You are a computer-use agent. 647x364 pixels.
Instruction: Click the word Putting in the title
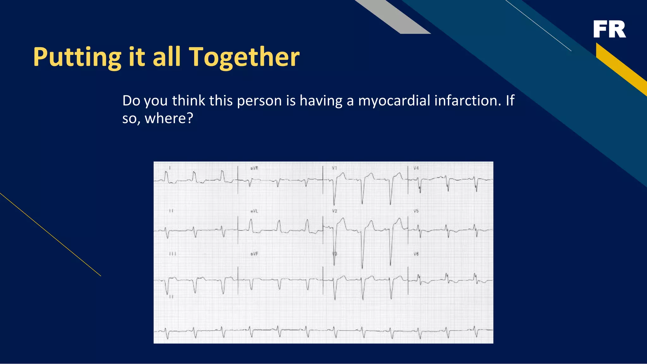77,57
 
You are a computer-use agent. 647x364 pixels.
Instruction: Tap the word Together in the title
244,57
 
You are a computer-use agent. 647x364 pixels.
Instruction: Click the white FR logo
609,29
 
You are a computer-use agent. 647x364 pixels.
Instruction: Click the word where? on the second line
169,119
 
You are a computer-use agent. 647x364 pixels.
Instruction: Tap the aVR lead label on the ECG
254,168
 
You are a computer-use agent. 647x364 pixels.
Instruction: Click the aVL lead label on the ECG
254,211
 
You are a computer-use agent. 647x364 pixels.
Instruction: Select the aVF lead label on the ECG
254,254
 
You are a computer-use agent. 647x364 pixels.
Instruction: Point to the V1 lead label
334,168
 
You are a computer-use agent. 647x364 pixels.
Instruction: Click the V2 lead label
334,211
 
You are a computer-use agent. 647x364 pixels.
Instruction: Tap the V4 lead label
416,168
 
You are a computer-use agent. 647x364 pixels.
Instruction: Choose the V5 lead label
416,211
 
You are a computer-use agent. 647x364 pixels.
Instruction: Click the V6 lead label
416,254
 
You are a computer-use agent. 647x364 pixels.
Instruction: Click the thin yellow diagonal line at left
51,235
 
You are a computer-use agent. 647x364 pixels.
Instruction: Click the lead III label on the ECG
172,254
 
